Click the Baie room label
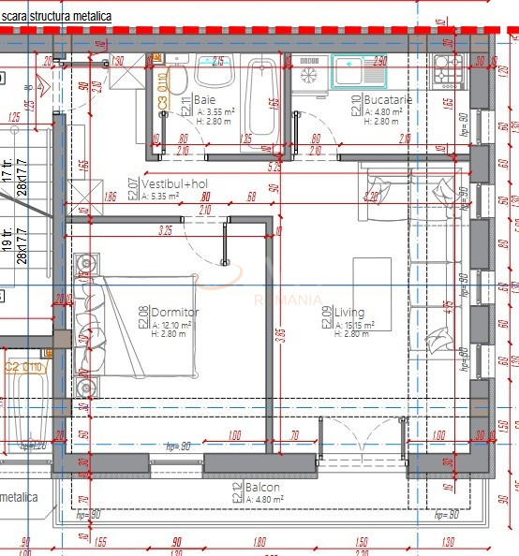coord(204,99)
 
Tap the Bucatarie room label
coord(384,99)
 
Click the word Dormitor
coord(174,312)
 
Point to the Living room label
coord(348,313)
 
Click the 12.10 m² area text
coord(173,324)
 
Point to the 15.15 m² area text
coord(356,325)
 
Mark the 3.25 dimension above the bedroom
coord(166,229)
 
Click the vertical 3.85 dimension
coord(280,337)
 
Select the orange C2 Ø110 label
coord(25,368)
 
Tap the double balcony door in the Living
coord(362,440)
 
